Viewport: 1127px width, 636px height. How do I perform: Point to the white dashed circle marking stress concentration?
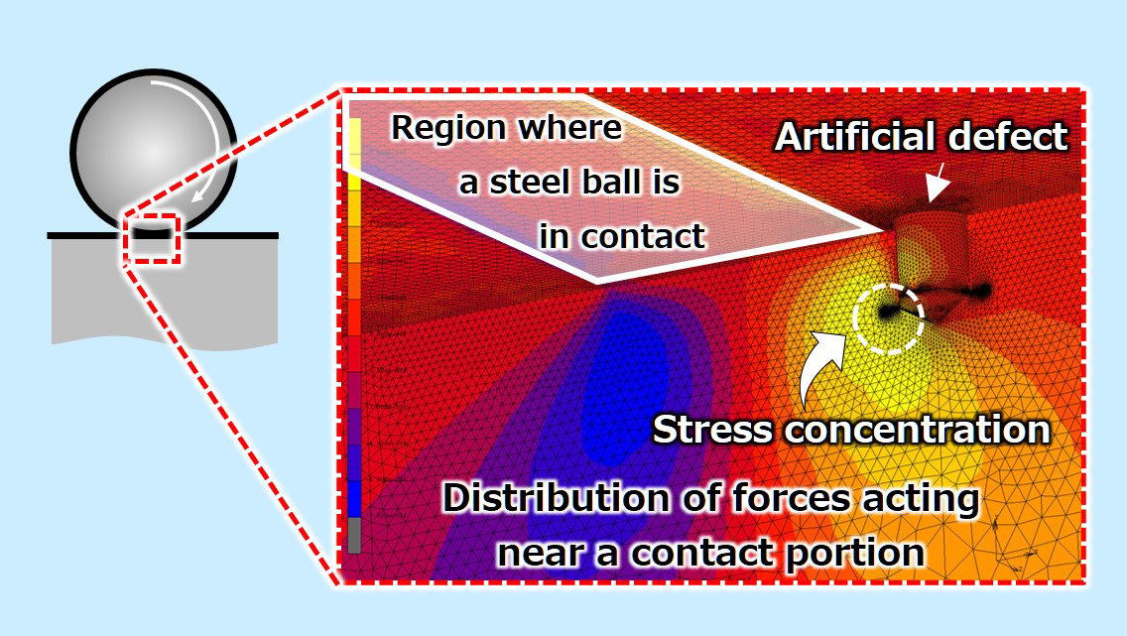point(889,317)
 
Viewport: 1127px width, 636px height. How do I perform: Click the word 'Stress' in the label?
point(711,430)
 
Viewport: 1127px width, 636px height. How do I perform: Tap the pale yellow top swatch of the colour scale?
point(354,135)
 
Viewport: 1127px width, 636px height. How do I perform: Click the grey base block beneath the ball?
point(159,298)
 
